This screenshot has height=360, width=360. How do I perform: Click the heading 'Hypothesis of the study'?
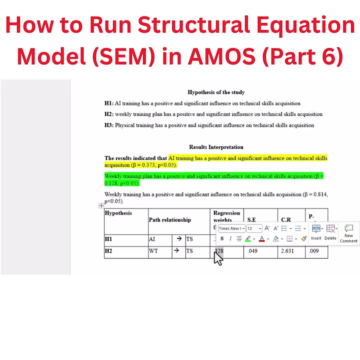point(216,92)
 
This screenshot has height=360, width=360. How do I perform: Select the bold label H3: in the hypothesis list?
point(109,125)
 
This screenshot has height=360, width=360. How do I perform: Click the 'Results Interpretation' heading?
point(216,147)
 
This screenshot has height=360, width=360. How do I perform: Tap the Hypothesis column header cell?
point(118,213)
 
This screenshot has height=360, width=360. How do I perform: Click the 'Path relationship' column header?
point(169,219)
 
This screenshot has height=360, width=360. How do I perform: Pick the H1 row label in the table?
point(108,239)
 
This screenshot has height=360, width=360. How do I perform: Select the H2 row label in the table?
point(108,251)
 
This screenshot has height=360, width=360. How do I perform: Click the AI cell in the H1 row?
point(152,239)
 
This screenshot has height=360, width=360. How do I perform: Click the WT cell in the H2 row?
point(153,251)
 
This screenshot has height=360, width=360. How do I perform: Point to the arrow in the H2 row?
point(179,251)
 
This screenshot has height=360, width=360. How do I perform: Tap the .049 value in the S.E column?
point(252,251)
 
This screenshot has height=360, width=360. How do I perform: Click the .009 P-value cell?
point(313,251)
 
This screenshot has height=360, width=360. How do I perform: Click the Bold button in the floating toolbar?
point(222,238)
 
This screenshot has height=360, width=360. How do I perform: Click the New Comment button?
point(348,233)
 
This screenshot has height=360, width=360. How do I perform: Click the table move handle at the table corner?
point(101,205)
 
